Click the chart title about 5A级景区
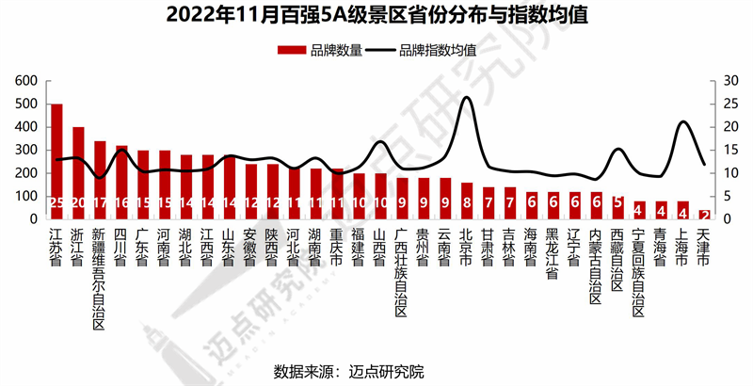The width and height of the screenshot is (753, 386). pos(376,15)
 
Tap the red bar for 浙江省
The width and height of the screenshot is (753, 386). pos(78,174)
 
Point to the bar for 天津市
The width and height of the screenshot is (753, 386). pos(703,215)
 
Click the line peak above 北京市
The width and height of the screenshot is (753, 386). pos(467,98)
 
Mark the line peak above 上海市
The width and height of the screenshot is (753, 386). pos(683,122)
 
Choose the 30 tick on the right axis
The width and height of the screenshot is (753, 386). pos(728,81)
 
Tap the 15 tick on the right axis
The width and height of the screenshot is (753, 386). pos(728,151)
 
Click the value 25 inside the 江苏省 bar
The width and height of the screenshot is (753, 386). pos(56,201)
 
